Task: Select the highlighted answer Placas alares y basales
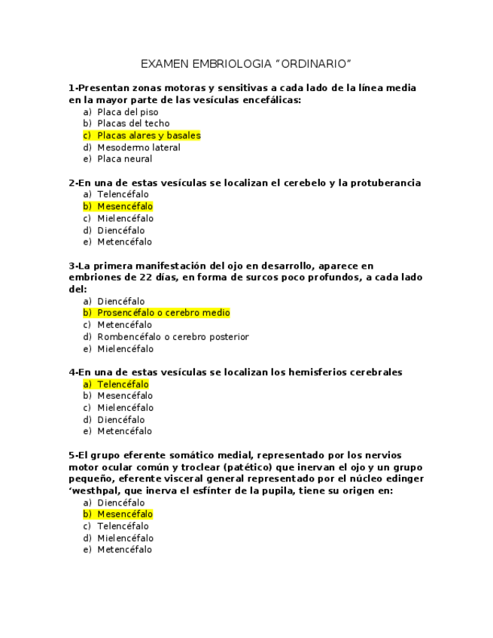(148, 135)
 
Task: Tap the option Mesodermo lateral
(138, 147)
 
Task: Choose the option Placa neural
(124, 159)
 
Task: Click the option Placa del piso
(127, 112)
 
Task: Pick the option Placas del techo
(133, 123)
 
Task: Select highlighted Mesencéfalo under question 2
(124, 206)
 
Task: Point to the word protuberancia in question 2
(387, 183)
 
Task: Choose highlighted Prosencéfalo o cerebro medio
(163, 313)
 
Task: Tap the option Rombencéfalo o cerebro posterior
(172, 337)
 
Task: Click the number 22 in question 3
(154, 278)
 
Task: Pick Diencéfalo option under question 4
(120, 420)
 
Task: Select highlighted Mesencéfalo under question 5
(124, 515)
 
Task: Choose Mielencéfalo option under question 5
(125, 538)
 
